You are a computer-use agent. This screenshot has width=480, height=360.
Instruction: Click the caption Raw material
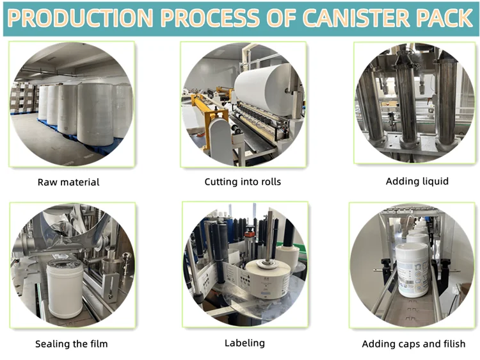click(x=68, y=182)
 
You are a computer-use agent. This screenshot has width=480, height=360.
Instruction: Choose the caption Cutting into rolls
click(x=243, y=182)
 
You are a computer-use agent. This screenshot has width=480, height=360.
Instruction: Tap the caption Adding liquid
click(x=417, y=181)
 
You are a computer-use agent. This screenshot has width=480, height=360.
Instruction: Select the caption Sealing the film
click(x=71, y=344)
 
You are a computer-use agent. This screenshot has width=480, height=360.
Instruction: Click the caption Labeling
click(x=244, y=343)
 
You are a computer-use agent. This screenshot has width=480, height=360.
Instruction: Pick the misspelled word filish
click(x=452, y=344)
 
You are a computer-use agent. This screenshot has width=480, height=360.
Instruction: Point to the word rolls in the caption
click(x=269, y=182)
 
